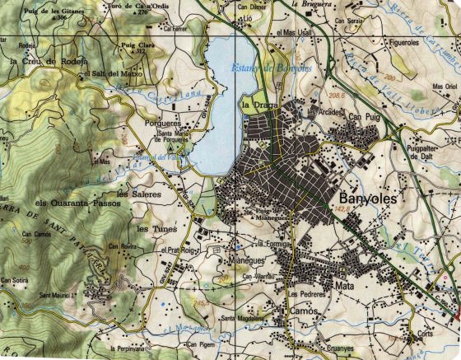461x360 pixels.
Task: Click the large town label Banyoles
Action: tap(367, 199)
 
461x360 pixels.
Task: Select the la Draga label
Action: tap(255, 105)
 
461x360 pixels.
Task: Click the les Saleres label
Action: tap(134, 194)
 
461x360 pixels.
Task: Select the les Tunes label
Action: tap(153, 228)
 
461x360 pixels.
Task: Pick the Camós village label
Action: tap(304, 311)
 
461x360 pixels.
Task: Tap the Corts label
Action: tap(425, 334)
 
